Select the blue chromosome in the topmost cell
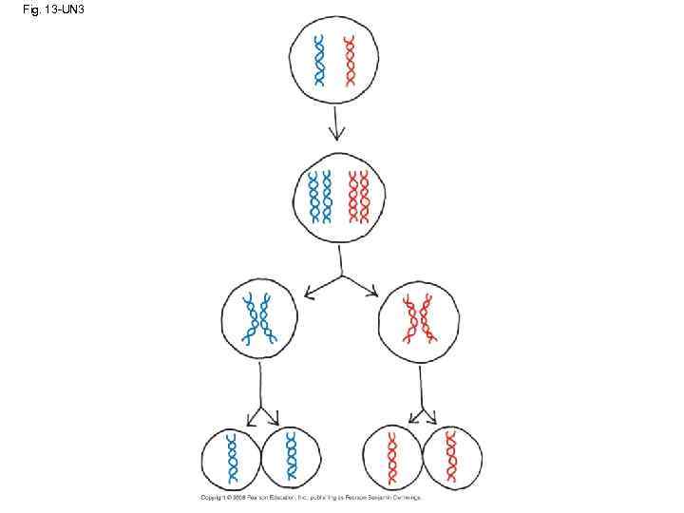(320, 62)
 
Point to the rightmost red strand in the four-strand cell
(366, 198)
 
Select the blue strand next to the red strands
(327, 198)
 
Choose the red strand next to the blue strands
(352, 198)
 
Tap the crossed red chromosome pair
(417, 318)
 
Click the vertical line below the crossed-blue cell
(260, 385)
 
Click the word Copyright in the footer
(210, 498)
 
